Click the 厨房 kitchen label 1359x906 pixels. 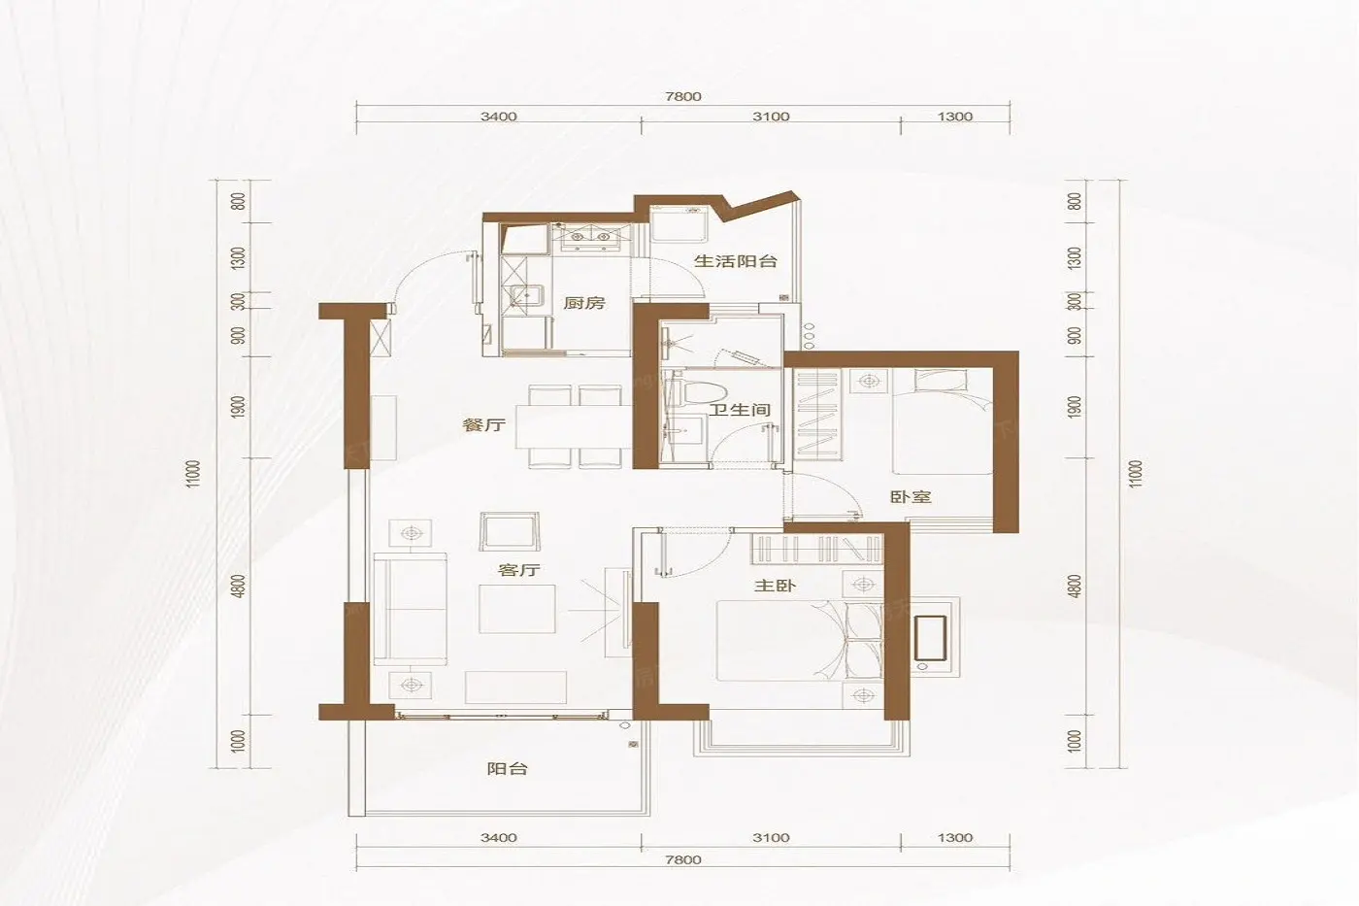[583, 302]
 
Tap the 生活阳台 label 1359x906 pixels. [736, 261]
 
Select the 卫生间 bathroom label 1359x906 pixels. [740, 410]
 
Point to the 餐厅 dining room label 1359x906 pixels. [483, 424]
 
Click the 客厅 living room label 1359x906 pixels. [518, 570]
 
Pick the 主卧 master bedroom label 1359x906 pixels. [775, 586]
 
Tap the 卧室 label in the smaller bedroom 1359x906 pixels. [911, 497]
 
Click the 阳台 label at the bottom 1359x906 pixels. [507, 769]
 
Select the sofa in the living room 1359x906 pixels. [410, 609]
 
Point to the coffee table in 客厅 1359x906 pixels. [516, 609]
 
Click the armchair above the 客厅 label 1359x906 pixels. [509, 531]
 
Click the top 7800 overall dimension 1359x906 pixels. [683, 96]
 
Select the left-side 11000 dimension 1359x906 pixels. [193, 474]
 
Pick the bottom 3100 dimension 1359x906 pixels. [771, 838]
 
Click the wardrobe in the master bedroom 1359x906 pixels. [817, 549]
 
